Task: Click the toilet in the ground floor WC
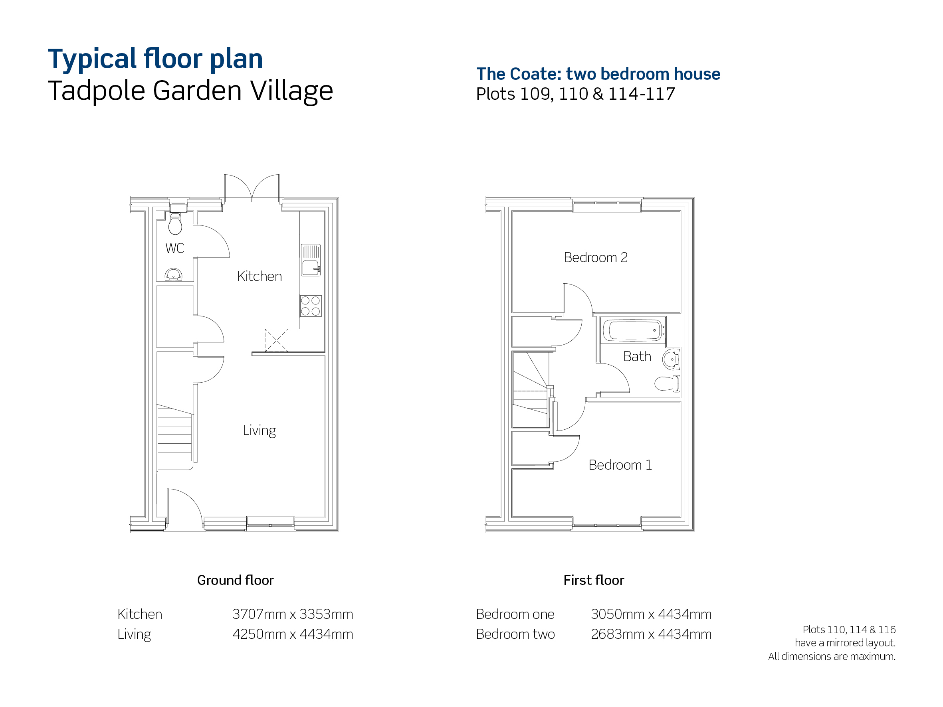175,224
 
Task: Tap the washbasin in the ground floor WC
174,275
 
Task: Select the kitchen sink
311,260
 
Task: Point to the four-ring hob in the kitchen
311,306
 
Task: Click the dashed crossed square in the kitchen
276,340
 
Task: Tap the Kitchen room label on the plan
260,276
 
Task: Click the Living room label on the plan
259,431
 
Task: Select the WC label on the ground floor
175,248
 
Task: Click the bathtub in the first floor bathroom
633,330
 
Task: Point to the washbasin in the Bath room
671,359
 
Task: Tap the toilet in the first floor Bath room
667,383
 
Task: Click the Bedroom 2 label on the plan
596,257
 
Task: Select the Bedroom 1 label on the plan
620,465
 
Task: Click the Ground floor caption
235,580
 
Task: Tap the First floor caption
594,580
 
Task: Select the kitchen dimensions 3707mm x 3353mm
293,614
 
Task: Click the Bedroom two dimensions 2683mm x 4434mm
652,634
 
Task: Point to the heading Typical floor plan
155,59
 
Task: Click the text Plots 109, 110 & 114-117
576,94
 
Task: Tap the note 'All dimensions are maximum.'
832,656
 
